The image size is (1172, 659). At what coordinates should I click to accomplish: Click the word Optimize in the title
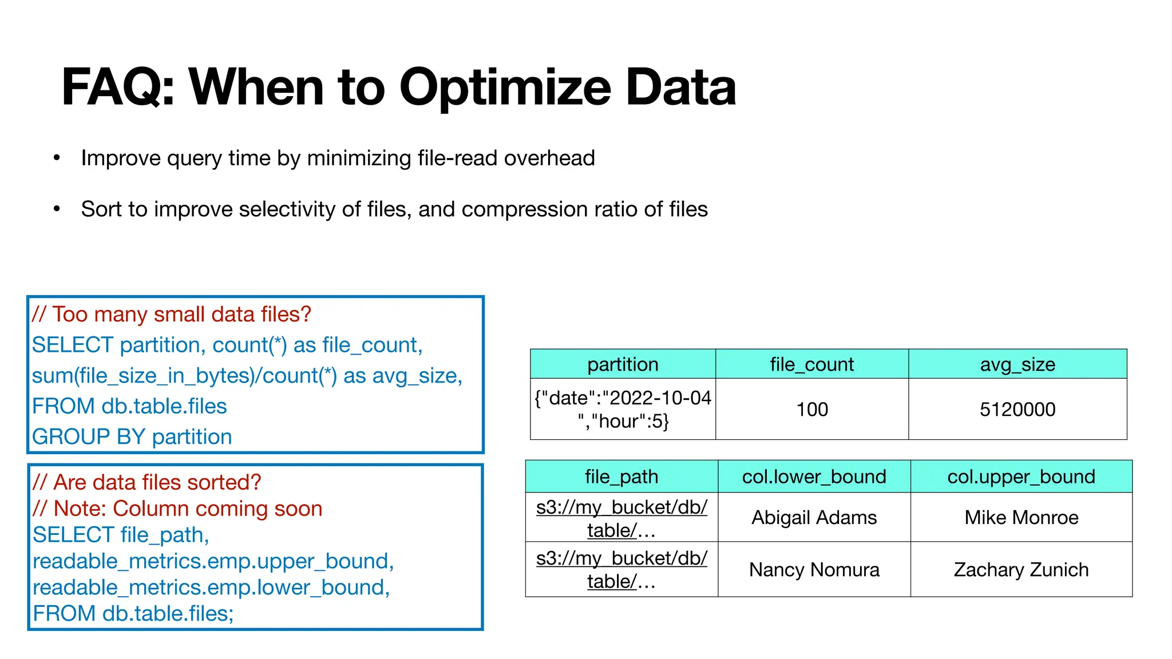505,88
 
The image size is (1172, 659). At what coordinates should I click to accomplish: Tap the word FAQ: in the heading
118,88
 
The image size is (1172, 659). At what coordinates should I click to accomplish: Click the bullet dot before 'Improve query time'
57,158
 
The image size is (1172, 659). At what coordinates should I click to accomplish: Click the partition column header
623,364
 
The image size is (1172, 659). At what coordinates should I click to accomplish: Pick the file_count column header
811,364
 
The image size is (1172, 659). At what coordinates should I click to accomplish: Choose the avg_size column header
1017,364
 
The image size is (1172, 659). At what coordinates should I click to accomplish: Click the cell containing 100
812,410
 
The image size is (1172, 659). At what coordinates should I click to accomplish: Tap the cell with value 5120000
1017,410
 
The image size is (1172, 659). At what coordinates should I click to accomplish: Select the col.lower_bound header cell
814,477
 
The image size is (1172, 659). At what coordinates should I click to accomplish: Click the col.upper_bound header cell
1021,477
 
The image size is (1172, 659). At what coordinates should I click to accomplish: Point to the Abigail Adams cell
814,518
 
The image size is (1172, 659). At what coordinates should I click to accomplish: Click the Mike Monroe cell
1021,518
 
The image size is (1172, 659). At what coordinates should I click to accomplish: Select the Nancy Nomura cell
814,570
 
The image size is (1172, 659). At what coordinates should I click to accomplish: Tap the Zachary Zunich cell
1021,570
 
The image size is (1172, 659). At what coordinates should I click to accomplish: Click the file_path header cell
621,477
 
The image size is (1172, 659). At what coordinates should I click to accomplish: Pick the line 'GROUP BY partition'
132,437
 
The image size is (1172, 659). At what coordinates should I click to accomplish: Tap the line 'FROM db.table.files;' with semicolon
133,614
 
